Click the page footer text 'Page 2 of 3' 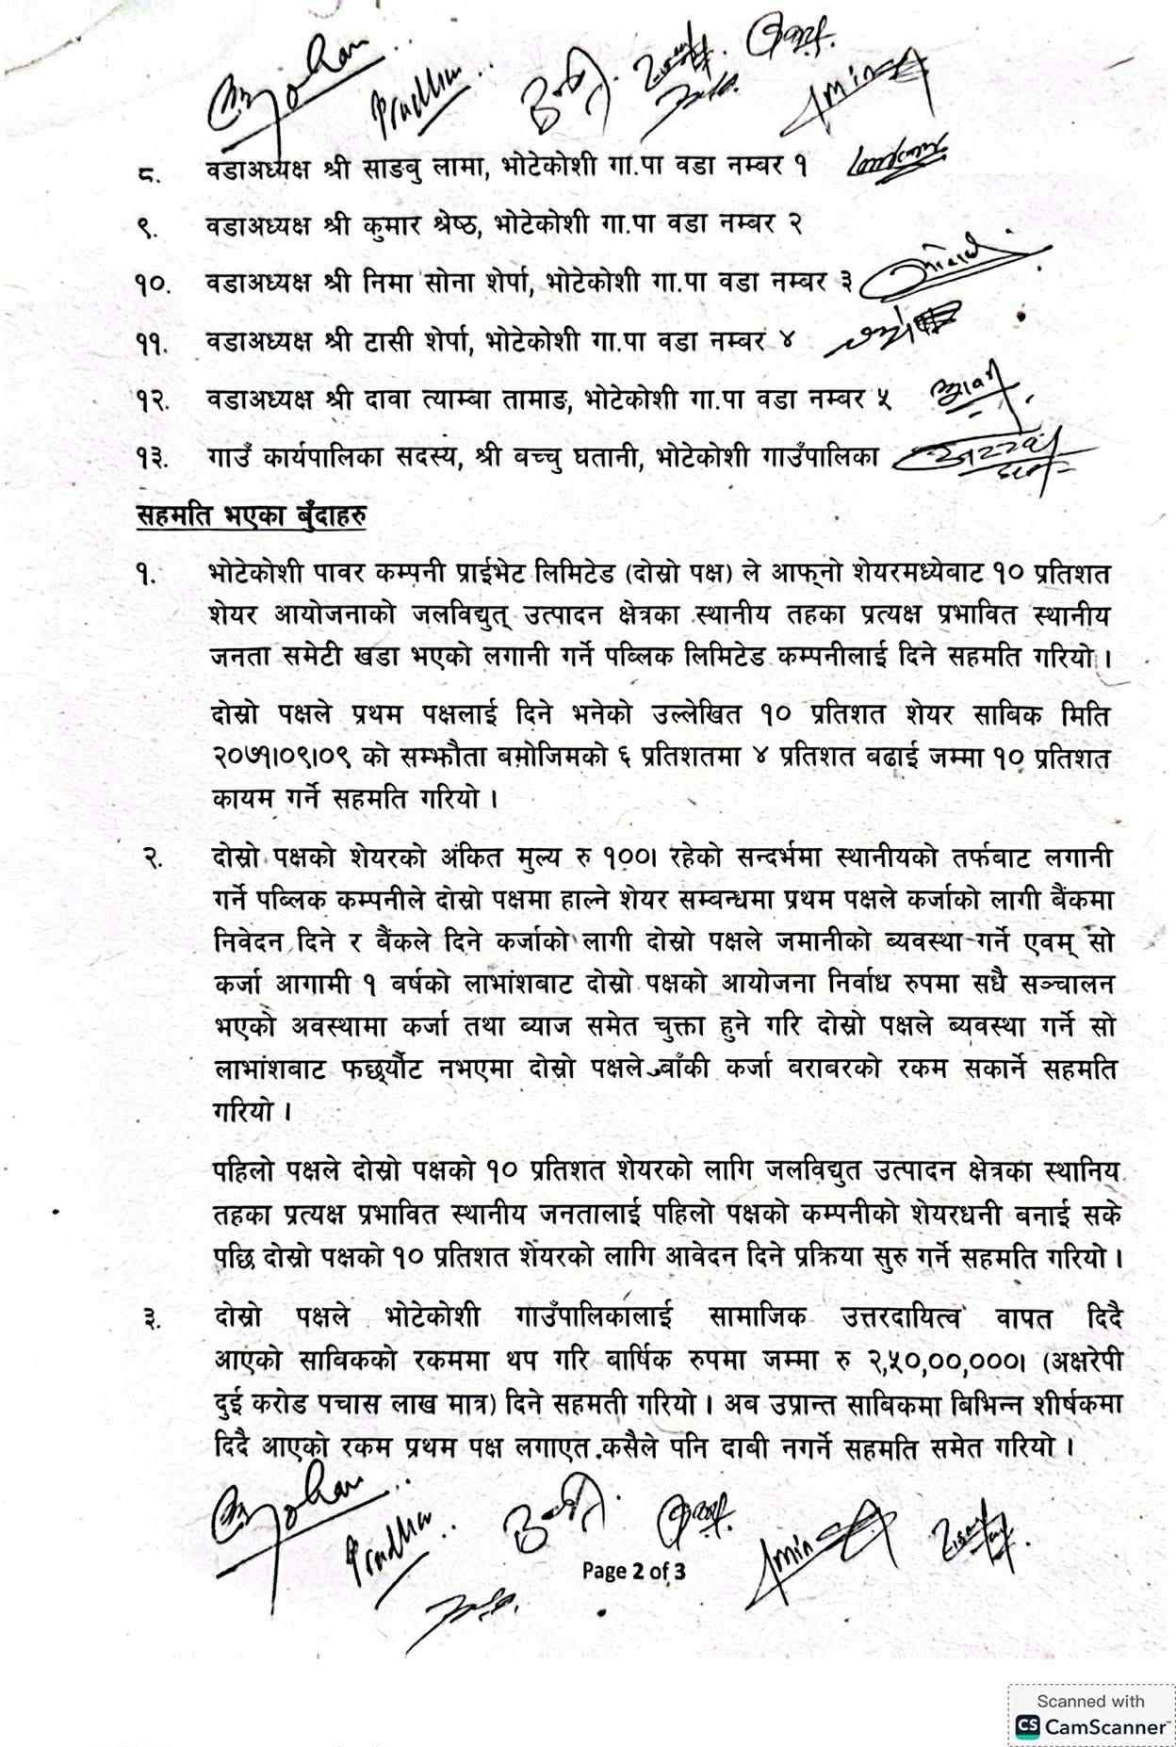(x=633, y=1570)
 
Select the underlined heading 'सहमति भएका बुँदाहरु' (x=252, y=517)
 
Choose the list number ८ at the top (x=149, y=173)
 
